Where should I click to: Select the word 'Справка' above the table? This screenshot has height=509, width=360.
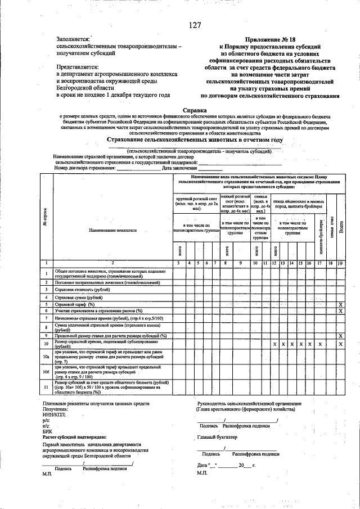click(x=195, y=110)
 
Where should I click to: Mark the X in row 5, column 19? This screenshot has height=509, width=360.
click(x=340, y=304)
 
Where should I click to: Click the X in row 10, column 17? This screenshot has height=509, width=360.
click(x=319, y=343)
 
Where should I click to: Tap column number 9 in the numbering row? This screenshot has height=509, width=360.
click(x=240, y=263)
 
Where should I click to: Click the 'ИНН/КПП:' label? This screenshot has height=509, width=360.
click(x=54, y=415)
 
